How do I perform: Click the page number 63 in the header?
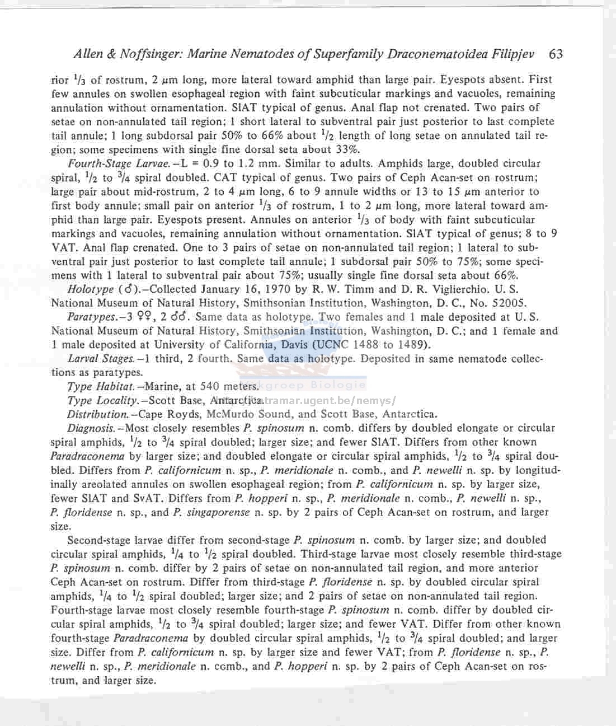[556, 54]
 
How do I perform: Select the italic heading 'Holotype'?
[90, 289]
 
